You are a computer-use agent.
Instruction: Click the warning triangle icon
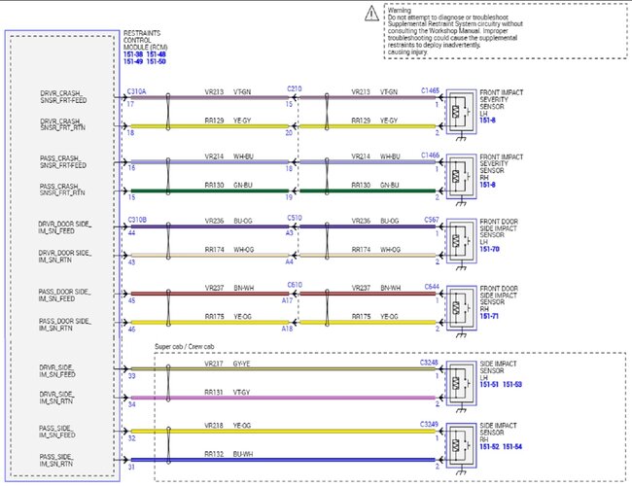(373, 13)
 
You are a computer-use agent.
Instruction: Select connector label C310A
(137, 89)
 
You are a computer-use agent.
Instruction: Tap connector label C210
(294, 89)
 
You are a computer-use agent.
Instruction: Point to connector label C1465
(430, 89)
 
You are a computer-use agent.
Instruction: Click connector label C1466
(430, 155)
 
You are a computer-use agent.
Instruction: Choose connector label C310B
(137, 220)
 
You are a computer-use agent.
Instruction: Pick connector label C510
(294, 220)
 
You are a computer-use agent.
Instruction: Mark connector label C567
(432, 220)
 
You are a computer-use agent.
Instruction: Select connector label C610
(294, 285)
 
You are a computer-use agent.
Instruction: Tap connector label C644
(432, 285)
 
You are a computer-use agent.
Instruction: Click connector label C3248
(430, 363)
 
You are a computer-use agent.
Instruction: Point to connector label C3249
(430, 425)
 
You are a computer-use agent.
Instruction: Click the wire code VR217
(214, 364)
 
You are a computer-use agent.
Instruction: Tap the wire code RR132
(214, 454)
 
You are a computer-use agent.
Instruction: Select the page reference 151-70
(490, 249)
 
